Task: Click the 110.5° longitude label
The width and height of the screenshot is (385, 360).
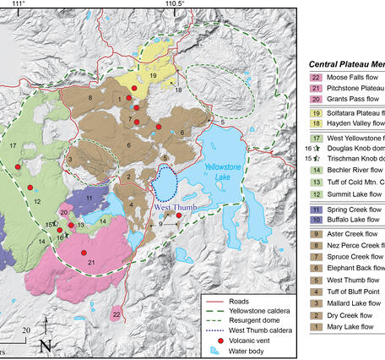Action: coord(175,5)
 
